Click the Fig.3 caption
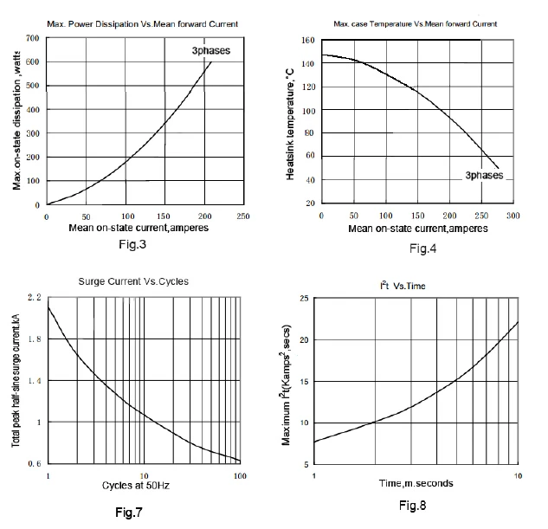pyautogui.click(x=132, y=244)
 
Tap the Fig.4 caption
pyautogui.click(x=422, y=248)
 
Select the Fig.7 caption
pyautogui.click(x=129, y=513)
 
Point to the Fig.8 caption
pyautogui.click(x=413, y=506)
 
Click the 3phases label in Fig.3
pyautogui.click(x=211, y=51)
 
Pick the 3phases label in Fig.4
pyautogui.click(x=484, y=175)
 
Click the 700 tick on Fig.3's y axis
pyautogui.click(x=33, y=38)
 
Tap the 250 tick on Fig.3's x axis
pyautogui.click(x=243, y=216)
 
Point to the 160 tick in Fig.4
pyautogui.click(x=308, y=40)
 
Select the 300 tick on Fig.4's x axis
pyautogui.click(x=513, y=216)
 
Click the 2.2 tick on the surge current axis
pyautogui.click(x=35, y=297)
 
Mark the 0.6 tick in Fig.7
pyautogui.click(x=35, y=464)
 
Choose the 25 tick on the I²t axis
pyautogui.click(x=305, y=298)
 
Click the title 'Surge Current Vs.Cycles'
pyautogui.click(x=133, y=281)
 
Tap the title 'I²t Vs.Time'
pyautogui.click(x=403, y=286)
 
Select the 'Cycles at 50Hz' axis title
pyautogui.click(x=136, y=486)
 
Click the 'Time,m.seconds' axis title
pyautogui.click(x=416, y=483)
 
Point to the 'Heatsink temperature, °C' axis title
pyautogui.click(x=290, y=125)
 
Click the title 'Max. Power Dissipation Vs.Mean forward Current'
pyautogui.click(x=143, y=24)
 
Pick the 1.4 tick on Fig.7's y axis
pyautogui.click(x=35, y=380)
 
